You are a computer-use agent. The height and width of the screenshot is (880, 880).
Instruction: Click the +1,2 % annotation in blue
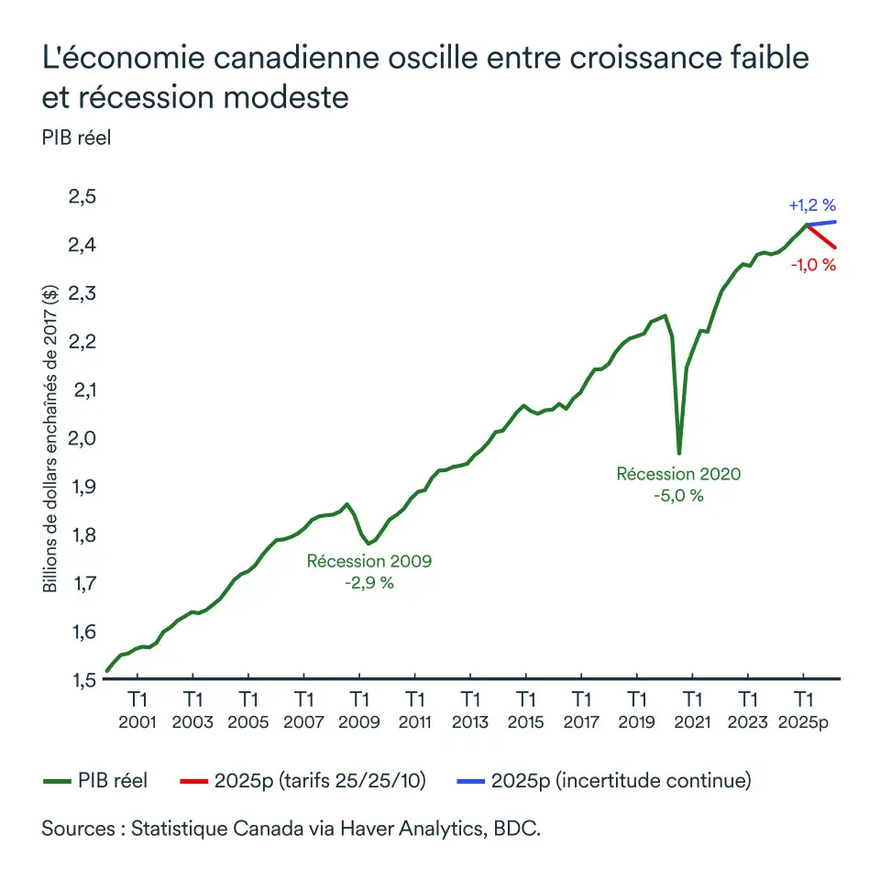coord(812,205)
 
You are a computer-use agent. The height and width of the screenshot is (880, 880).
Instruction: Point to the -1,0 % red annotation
coord(812,266)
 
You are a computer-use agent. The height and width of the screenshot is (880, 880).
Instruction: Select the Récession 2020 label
coord(678,475)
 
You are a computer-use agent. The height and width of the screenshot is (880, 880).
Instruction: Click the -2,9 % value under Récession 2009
coord(368,583)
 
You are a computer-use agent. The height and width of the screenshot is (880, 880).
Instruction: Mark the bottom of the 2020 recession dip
coord(679,451)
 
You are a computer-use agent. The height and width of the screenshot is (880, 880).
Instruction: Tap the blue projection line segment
coord(822,223)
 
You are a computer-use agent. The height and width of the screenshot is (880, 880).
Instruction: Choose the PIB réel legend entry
coord(95,781)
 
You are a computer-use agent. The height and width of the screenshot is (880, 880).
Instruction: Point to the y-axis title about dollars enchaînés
coord(50,437)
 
